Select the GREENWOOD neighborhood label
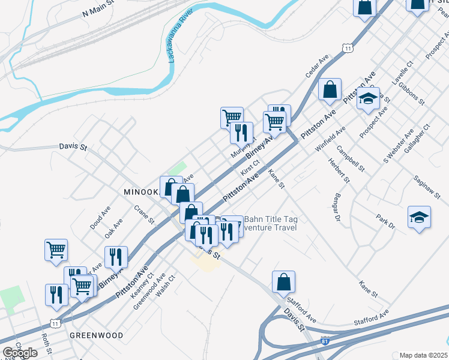tap(96, 335)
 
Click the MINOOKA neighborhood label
tap(140, 192)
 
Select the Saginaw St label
tap(427, 187)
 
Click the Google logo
tap(20, 353)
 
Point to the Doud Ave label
tap(100, 218)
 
